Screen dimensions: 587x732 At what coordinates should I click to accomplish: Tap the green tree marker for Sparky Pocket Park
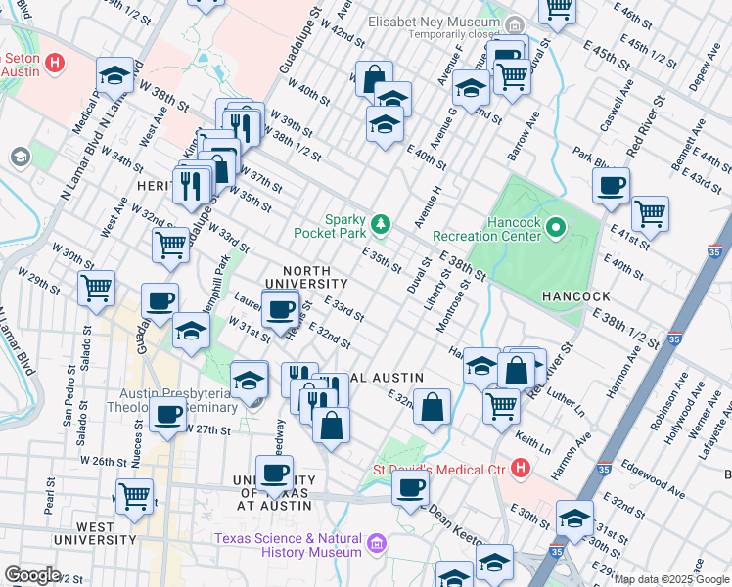381,226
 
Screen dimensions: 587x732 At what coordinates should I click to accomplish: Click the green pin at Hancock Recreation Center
556,229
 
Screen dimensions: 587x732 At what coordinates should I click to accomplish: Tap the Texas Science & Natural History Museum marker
376,545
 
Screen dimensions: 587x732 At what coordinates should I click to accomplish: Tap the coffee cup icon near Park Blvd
611,185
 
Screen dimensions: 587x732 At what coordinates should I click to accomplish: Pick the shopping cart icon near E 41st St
650,212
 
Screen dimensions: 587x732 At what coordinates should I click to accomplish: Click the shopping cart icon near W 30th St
96,288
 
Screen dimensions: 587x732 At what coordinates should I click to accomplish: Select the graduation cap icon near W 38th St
115,75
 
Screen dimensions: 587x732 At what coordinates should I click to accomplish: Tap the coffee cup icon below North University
282,309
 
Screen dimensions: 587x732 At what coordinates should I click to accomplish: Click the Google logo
32,575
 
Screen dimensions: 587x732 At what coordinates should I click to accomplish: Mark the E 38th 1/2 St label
624,327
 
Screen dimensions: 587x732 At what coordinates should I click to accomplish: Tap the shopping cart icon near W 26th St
134,496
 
